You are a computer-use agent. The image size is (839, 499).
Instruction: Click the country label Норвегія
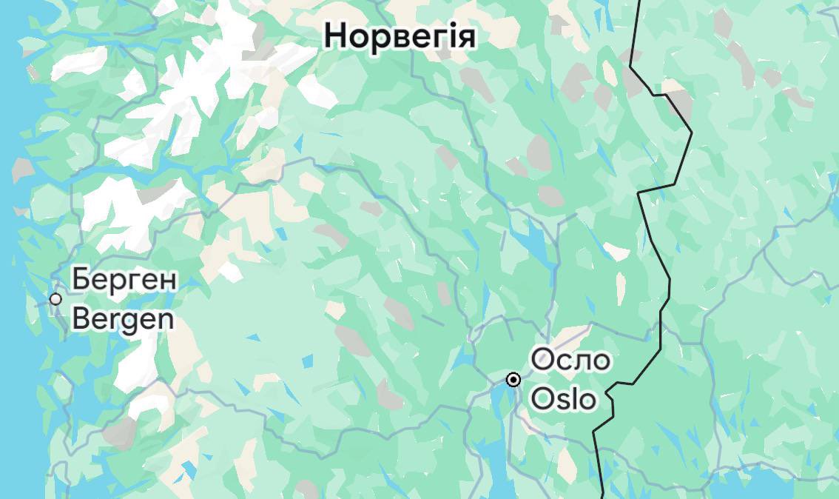tap(400, 36)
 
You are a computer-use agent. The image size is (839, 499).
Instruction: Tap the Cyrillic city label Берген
tap(124, 281)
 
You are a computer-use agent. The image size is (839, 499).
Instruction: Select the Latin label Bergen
tap(124, 318)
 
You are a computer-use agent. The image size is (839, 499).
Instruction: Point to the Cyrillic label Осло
tap(571, 361)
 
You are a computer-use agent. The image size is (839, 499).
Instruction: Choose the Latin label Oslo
tap(564, 399)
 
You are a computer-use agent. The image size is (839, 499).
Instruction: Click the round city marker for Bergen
tap(55, 299)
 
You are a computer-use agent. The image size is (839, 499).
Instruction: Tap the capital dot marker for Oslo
tap(513, 380)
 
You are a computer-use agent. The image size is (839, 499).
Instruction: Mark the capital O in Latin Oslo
tap(542, 399)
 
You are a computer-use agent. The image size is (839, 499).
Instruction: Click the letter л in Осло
tap(581, 362)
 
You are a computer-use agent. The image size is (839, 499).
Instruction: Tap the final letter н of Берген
tap(169, 281)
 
